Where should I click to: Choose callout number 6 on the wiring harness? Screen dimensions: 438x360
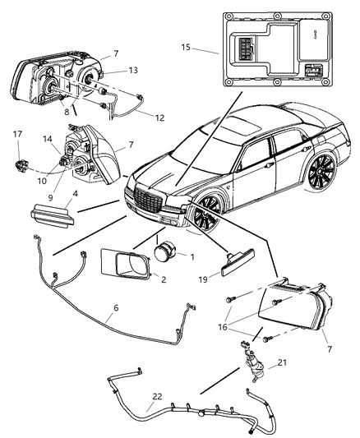pos(115,307)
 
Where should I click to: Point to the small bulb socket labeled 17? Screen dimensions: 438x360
pos(17,151)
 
